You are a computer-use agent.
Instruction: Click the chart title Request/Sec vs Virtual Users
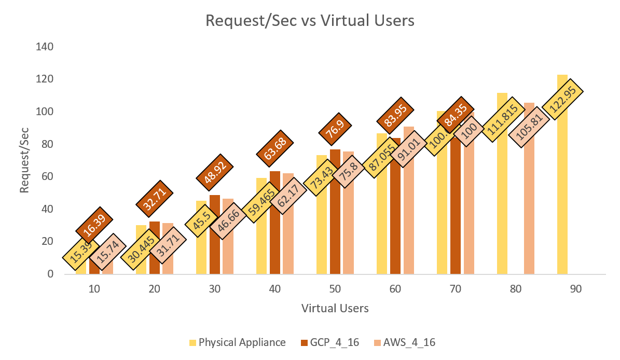pyautogui.click(x=310, y=21)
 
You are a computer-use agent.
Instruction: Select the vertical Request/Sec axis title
pyautogui.click(x=25, y=161)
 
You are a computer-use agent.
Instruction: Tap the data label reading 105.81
pyautogui.click(x=529, y=135)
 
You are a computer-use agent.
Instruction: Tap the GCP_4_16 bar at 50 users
pyautogui.click(x=335, y=218)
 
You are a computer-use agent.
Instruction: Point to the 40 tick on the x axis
pyautogui.click(x=274, y=289)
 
